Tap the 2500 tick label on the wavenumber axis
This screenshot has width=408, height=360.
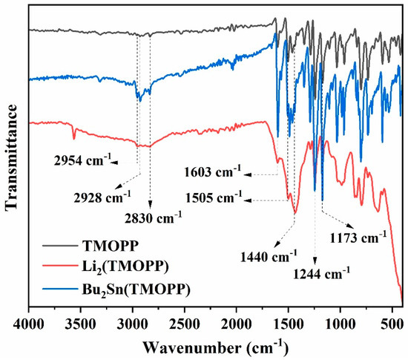tap(184, 322)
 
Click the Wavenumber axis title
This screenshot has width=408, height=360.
tap(215, 345)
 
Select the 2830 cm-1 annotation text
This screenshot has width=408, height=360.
tap(154, 216)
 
